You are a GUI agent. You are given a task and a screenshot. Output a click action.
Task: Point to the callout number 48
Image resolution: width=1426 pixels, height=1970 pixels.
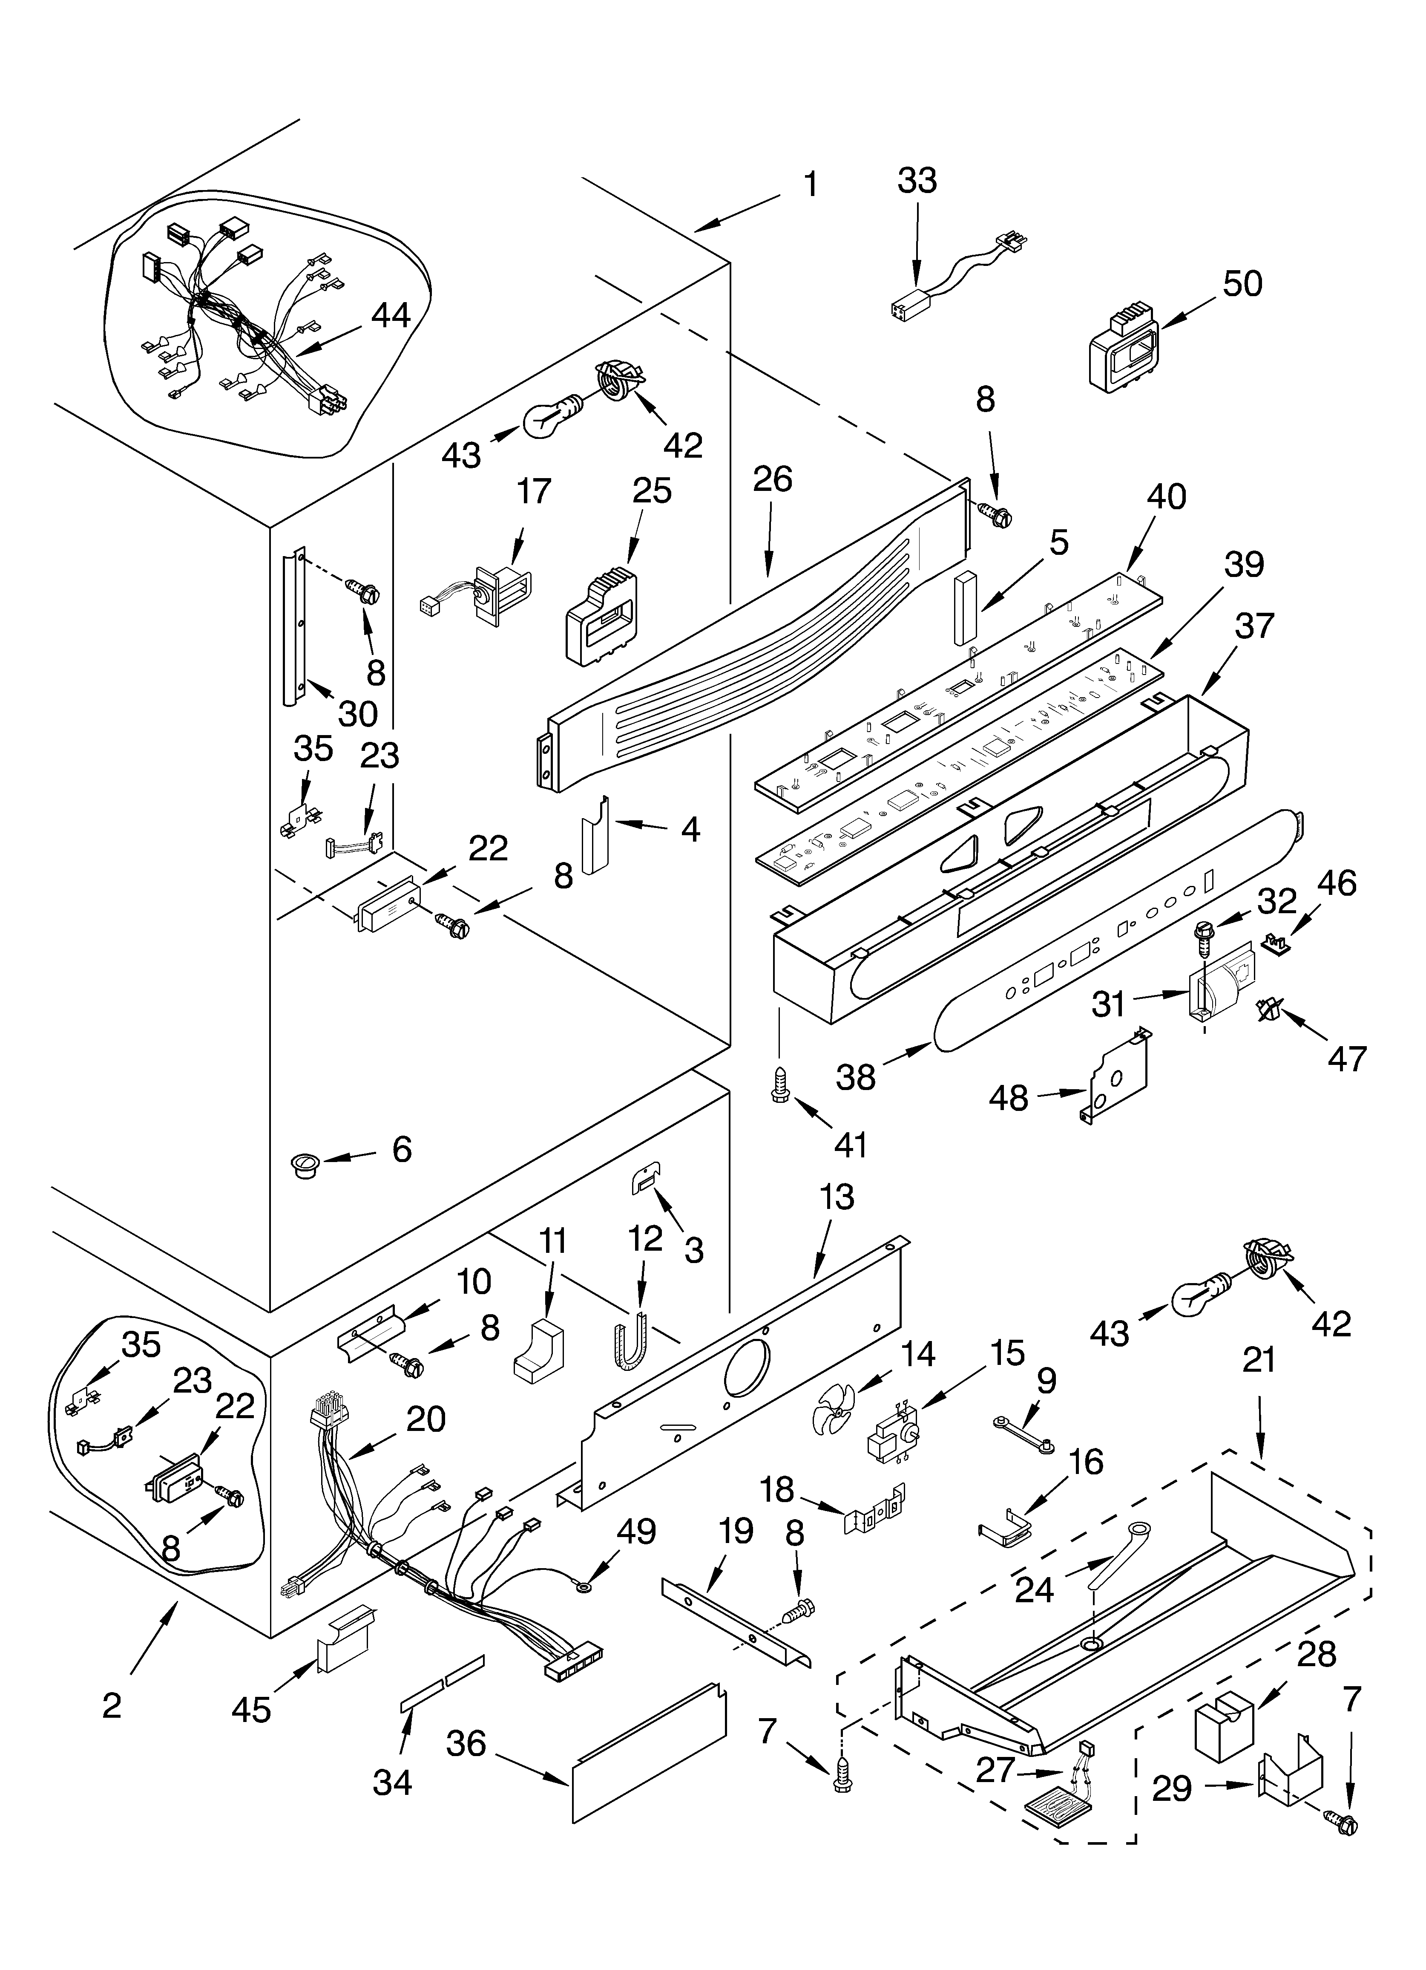[1008, 1098]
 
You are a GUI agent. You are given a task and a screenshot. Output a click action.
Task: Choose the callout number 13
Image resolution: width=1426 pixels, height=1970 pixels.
[837, 1197]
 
